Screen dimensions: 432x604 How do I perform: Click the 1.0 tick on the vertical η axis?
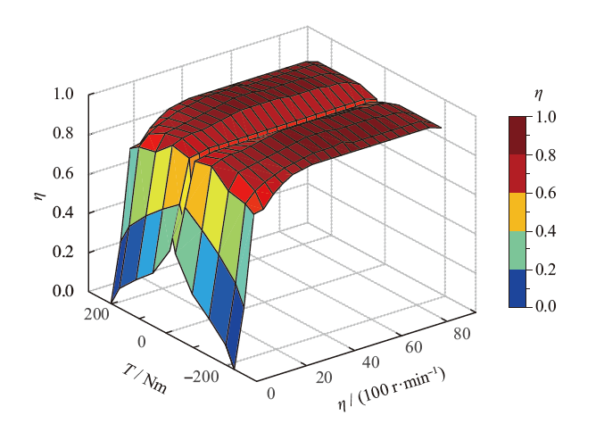coord(70,93)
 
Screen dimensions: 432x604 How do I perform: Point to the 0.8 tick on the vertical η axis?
coord(70,133)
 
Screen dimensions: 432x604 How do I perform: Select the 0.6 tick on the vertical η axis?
coord(70,172)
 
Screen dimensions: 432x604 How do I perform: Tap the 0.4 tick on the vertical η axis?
coord(70,212)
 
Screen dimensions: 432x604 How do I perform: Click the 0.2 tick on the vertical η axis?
coord(70,252)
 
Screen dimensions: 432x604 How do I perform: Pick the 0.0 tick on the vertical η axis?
coord(70,291)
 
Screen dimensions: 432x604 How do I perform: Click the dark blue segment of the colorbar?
coord(517,287)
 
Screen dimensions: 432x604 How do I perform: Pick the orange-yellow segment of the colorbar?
coord(517,212)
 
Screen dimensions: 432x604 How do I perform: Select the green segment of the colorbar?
coord(517,249)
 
